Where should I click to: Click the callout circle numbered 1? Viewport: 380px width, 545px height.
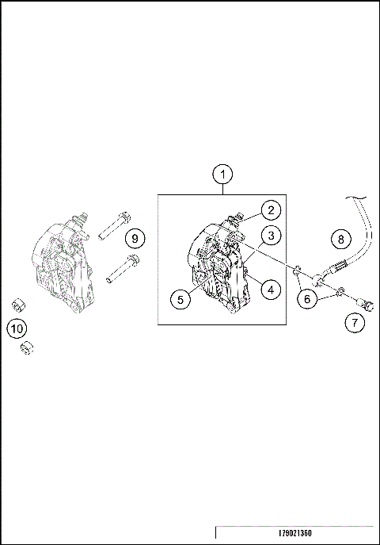tap(224, 174)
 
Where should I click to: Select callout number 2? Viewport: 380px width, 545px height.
tap(271, 210)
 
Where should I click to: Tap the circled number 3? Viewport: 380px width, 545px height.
tap(271, 236)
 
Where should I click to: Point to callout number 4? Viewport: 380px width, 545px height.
tap(270, 290)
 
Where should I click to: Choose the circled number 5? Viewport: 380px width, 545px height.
tap(180, 299)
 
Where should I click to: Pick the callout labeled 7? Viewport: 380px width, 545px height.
tap(355, 322)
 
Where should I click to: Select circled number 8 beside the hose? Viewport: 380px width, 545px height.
tap(340, 238)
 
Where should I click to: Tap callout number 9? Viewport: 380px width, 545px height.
tap(135, 238)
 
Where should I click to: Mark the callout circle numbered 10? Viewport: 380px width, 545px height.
tap(16, 326)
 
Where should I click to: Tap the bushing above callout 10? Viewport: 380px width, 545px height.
tap(17, 305)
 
